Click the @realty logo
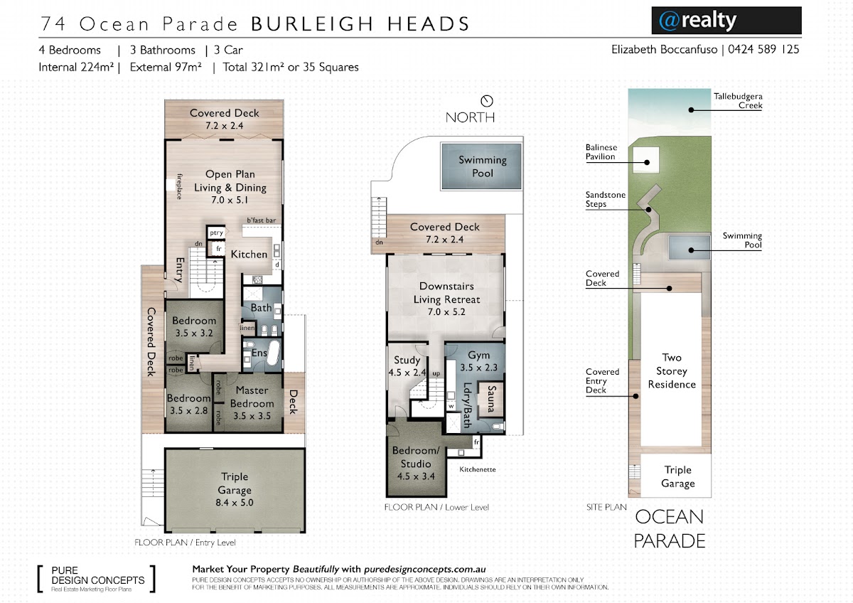pyautogui.click(x=726, y=21)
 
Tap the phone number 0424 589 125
pyautogui.click(x=763, y=50)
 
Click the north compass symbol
pyautogui.click(x=487, y=101)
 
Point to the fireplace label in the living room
pyautogui.click(x=180, y=186)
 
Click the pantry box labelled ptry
pyautogui.click(x=216, y=233)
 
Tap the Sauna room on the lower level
pyautogui.click(x=490, y=399)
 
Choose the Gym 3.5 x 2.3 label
pyautogui.click(x=478, y=361)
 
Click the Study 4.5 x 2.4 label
pyautogui.click(x=407, y=366)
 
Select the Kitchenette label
pyautogui.click(x=478, y=469)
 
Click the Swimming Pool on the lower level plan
pyautogui.click(x=481, y=166)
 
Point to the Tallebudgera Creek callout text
pyautogui.click(x=738, y=100)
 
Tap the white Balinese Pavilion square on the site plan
pyautogui.click(x=646, y=160)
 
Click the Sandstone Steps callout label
pyautogui.click(x=605, y=199)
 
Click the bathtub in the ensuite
pyautogui.click(x=274, y=353)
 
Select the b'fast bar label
pyautogui.click(x=262, y=220)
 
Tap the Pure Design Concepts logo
pyautogui.click(x=97, y=579)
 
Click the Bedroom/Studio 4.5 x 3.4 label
pyautogui.click(x=416, y=463)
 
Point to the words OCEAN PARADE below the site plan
pyautogui.click(x=669, y=529)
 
